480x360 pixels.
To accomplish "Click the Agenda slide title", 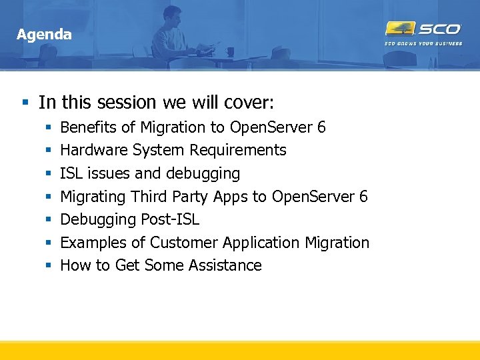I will [44, 34].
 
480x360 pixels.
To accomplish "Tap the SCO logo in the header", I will [423, 29].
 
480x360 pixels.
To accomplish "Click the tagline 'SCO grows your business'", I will [423, 43].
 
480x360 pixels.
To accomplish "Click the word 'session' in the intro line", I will [126, 102].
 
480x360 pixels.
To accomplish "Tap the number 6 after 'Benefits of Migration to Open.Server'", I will [321, 127].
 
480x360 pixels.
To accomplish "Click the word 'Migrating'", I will [93, 197].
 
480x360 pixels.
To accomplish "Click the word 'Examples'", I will [92, 243].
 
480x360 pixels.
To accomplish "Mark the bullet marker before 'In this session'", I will [25, 103].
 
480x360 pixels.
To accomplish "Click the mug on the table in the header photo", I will [230, 51].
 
